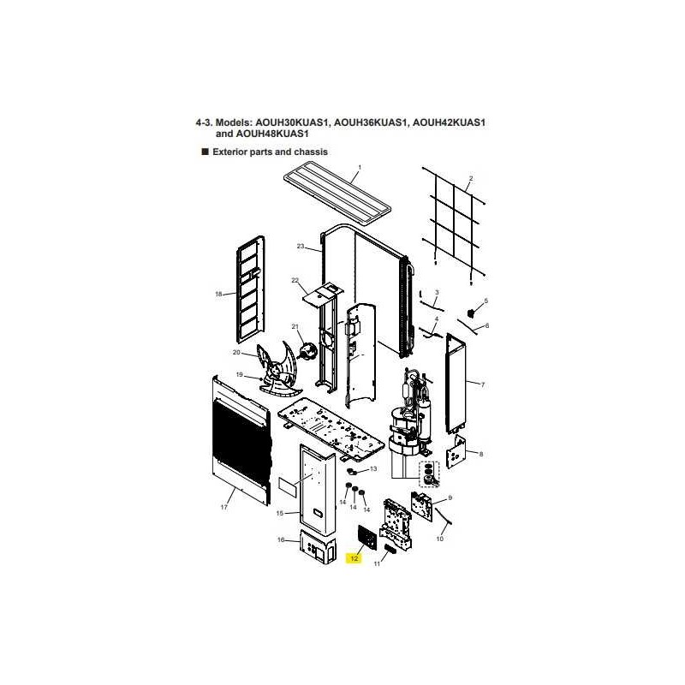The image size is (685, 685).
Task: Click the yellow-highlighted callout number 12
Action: (x=354, y=558)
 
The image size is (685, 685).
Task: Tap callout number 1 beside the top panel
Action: (x=360, y=167)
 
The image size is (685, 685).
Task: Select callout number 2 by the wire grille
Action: (x=470, y=178)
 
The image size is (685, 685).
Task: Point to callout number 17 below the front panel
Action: (x=224, y=507)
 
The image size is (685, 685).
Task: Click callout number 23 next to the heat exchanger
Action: (x=301, y=247)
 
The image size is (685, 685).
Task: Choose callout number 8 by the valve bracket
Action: (x=481, y=455)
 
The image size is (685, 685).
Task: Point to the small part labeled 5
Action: (x=472, y=313)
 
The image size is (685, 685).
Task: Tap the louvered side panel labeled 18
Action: (x=250, y=289)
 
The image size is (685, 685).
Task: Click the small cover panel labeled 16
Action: (x=318, y=546)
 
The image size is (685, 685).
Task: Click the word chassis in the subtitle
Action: (x=311, y=152)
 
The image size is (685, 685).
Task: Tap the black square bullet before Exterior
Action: (x=205, y=152)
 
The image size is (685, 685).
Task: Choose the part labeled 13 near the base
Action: (x=352, y=472)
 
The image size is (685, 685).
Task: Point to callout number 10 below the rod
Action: (x=440, y=539)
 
